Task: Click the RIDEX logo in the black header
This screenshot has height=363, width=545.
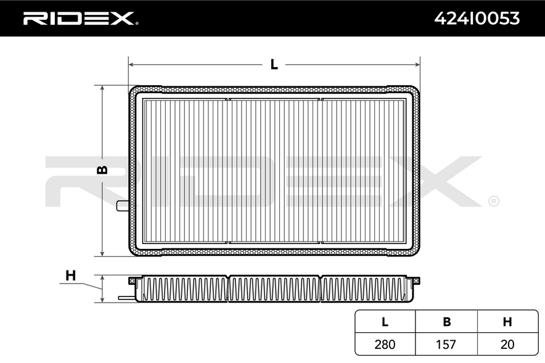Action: pyautogui.click(x=81, y=18)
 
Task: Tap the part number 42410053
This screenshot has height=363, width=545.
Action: pyautogui.click(x=477, y=18)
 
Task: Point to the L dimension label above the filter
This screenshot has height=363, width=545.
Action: pyautogui.click(x=274, y=64)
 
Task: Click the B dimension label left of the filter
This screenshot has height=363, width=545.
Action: pyautogui.click(x=102, y=170)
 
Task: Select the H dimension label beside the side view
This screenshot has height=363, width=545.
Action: pyautogui.click(x=70, y=275)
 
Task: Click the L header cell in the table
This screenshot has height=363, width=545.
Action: pyautogui.click(x=385, y=322)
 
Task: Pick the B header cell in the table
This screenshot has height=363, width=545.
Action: pyautogui.click(x=446, y=322)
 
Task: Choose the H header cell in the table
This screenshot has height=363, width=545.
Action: pyautogui.click(x=507, y=322)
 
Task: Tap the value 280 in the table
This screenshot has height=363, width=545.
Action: pyautogui.click(x=385, y=345)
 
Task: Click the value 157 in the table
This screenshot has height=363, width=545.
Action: pyautogui.click(x=446, y=345)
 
